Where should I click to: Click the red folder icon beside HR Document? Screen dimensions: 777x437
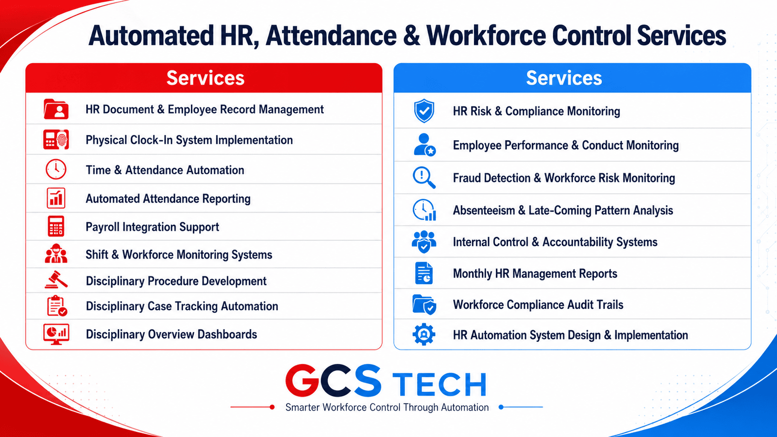[56, 109]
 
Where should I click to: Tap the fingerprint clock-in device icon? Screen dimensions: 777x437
[56, 139]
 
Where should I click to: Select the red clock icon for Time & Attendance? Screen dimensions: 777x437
[56, 169]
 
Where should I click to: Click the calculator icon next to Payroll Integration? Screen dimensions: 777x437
[56, 226]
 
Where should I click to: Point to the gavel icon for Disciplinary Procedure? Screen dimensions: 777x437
[56, 280]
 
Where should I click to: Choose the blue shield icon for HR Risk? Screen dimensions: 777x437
[424, 111]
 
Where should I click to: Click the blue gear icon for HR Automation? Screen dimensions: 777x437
[424, 335]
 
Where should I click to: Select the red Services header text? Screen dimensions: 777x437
[205, 78]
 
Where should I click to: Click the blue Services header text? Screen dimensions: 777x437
[564, 78]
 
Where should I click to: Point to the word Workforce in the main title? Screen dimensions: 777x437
[486, 36]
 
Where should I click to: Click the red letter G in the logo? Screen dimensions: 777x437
[302, 381]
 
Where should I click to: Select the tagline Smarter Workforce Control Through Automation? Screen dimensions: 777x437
[387, 407]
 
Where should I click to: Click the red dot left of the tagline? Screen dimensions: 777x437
[272, 407]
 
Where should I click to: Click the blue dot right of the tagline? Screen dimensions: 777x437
[501, 407]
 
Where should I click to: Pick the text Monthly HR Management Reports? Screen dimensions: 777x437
[535, 274]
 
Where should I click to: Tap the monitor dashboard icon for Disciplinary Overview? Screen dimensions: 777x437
[56, 334]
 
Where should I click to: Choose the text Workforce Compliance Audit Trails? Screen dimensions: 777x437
[538, 305]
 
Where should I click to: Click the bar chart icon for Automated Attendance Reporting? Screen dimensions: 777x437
[56, 198]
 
